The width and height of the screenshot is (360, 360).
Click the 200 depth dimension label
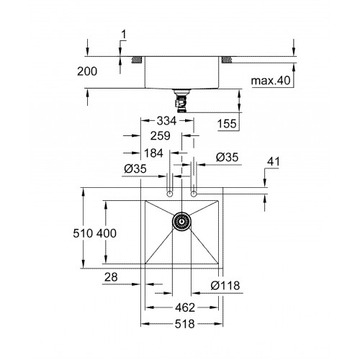(87, 71)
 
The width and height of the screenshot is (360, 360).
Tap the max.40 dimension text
(271, 81)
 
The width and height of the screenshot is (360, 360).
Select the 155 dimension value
(227, 124)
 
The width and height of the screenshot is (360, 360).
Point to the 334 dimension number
(166, 121)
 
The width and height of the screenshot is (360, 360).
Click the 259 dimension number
(161, 136)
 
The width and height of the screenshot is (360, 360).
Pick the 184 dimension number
(153, 153)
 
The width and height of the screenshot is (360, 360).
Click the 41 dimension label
(274, 161)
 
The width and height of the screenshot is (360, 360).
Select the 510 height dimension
(83, 233)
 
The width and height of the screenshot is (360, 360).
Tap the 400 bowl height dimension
(107, 233)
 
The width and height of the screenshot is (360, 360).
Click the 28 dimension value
(111, 277)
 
